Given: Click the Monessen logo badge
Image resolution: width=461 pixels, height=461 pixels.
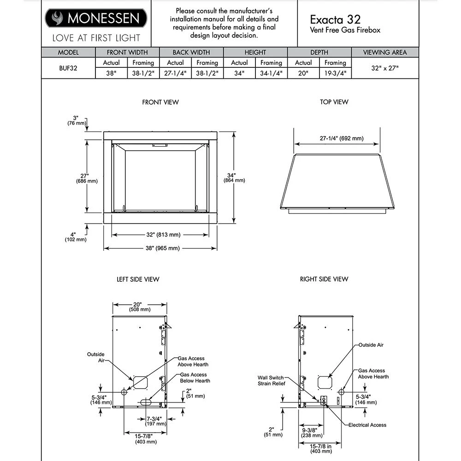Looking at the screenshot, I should point(96,18).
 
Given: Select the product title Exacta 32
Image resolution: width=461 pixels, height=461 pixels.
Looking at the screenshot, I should point(335,19).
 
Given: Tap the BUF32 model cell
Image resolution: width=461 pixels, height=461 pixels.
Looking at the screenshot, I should point(68,68).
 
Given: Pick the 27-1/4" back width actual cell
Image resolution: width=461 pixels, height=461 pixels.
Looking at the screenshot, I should point(175,73).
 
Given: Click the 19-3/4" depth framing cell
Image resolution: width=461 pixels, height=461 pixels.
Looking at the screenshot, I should point(335,73).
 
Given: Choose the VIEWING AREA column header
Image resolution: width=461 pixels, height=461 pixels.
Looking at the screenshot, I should point(385,52).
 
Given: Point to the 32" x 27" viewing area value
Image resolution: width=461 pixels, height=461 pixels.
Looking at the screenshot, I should point(385,68).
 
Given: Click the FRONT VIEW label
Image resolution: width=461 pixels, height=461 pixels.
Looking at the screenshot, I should point(160,102).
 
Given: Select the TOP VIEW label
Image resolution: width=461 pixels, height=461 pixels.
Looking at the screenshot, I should point(334,102).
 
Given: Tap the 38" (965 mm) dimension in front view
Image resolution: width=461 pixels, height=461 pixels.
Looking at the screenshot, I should point(160,248).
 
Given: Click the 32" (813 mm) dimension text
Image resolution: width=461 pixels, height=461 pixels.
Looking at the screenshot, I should point(160,235).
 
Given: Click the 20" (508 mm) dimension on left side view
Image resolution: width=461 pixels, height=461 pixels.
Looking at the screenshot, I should point(139,307).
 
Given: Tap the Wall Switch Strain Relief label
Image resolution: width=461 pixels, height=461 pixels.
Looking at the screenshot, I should point(272,380).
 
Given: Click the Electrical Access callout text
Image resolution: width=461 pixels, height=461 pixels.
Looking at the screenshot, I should point(367,425).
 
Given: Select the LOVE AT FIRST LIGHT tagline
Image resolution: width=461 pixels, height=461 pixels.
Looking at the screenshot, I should point(96,37).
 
